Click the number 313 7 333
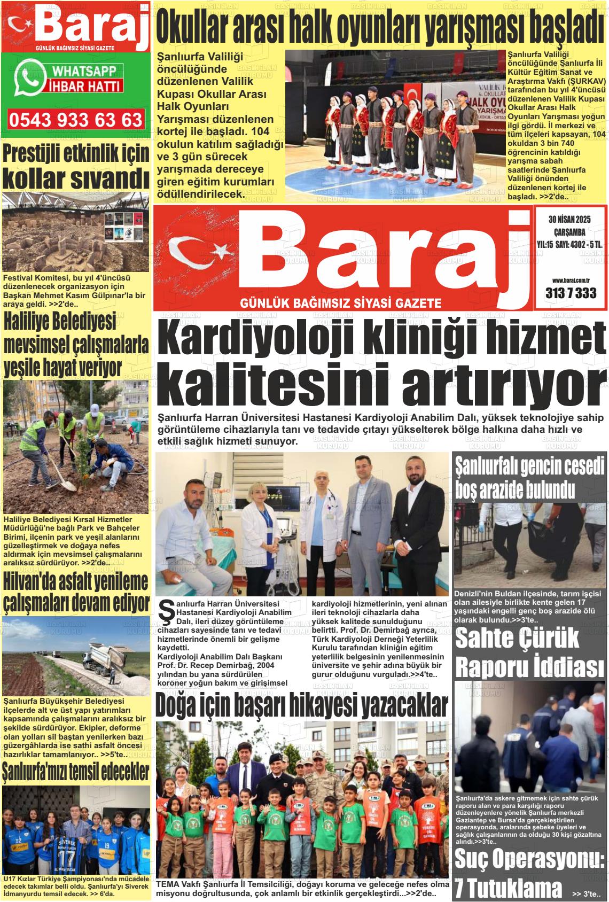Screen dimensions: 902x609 click(x=571, y=293)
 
